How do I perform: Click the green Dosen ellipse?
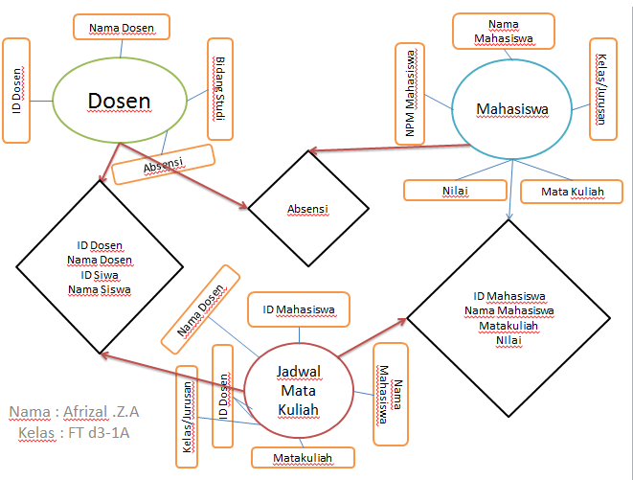coord(120,101)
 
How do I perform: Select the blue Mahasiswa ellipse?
coord(511,109)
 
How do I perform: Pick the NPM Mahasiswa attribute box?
coord(409,93)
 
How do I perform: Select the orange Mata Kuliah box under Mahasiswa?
coord(573,191)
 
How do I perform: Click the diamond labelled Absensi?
coord(308,208)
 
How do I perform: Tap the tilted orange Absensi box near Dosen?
coord(162,165)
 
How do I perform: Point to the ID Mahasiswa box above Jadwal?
coord(299,309)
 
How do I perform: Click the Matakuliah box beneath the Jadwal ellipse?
coord(303,458)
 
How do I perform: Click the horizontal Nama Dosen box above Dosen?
coord(123,27)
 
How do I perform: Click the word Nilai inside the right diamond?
coord(509,339)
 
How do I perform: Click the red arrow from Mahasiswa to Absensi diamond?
coord(393,148)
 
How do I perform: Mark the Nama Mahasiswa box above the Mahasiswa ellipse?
coord(503,32)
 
